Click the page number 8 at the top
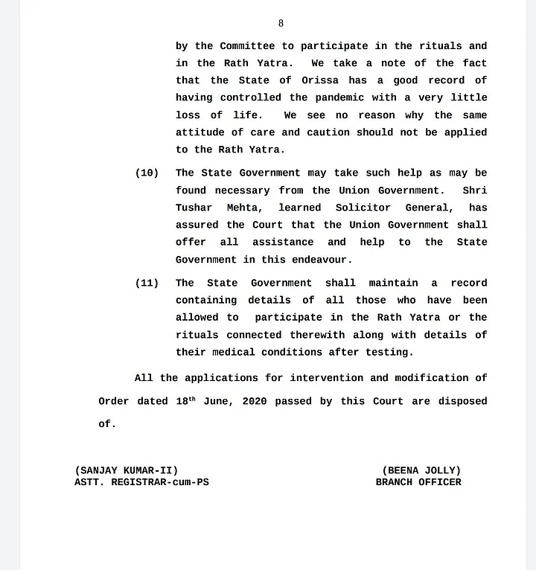point(281,24)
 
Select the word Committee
point(247,46)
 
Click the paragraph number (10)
point(147,173)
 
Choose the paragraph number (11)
point(147,283)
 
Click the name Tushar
point(194,208)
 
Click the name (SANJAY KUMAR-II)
point(127,470)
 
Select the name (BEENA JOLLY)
point(421,470)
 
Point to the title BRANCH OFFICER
point(418,482)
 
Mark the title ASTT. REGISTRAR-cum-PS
point(141,482)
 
